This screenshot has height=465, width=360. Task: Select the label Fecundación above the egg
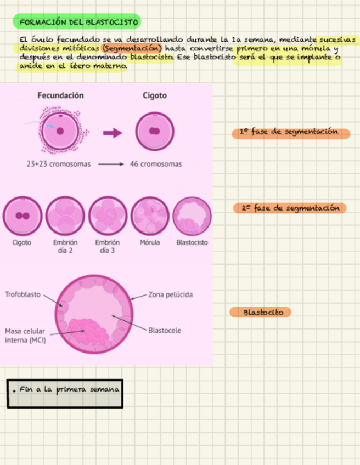(60, 95)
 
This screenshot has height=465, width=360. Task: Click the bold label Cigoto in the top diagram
(155, 95)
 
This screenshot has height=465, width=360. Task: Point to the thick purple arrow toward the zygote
(113, 133)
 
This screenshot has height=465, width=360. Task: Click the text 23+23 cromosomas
(58, 164)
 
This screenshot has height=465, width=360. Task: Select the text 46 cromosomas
(156, 164)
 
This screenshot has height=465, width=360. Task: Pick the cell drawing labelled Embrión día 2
(65, 216)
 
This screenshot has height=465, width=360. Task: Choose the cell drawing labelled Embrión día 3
(108, 216)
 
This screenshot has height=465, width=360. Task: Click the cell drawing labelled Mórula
(150, 216)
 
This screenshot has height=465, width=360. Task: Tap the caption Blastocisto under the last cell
(192, 242)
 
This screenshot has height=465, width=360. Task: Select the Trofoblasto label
(22, 294)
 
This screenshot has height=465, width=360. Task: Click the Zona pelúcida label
(170, 295)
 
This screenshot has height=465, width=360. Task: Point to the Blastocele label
(164, 331)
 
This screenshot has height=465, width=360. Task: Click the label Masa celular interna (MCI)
(25, 336)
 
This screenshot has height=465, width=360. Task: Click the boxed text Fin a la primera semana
(68, 390)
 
